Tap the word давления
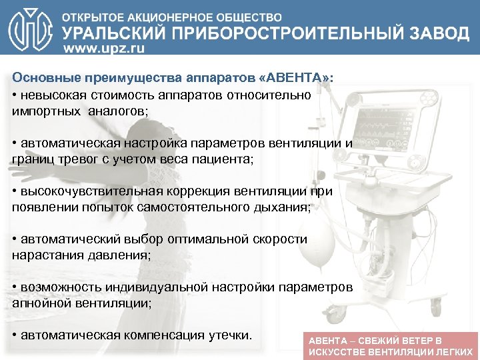coord(124,255)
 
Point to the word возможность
coord(59,287)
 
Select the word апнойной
coord(40,303)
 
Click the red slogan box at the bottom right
coord(390,345)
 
